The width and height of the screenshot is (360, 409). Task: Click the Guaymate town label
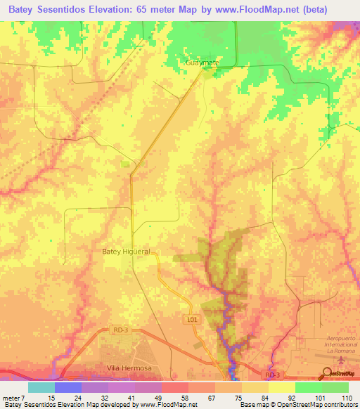click(x=202, y=63)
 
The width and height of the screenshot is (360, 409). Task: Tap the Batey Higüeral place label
click(x=127, y=252)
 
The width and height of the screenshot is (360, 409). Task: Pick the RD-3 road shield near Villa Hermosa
click(x=120, y=327)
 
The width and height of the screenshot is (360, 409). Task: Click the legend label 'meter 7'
click(x=15, y=397)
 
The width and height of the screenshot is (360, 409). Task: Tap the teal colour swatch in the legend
click(x=41, y=387)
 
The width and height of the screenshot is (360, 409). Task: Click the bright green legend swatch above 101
click(x=308, y=387)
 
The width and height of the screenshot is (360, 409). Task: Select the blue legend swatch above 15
click(x=67, y=387)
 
